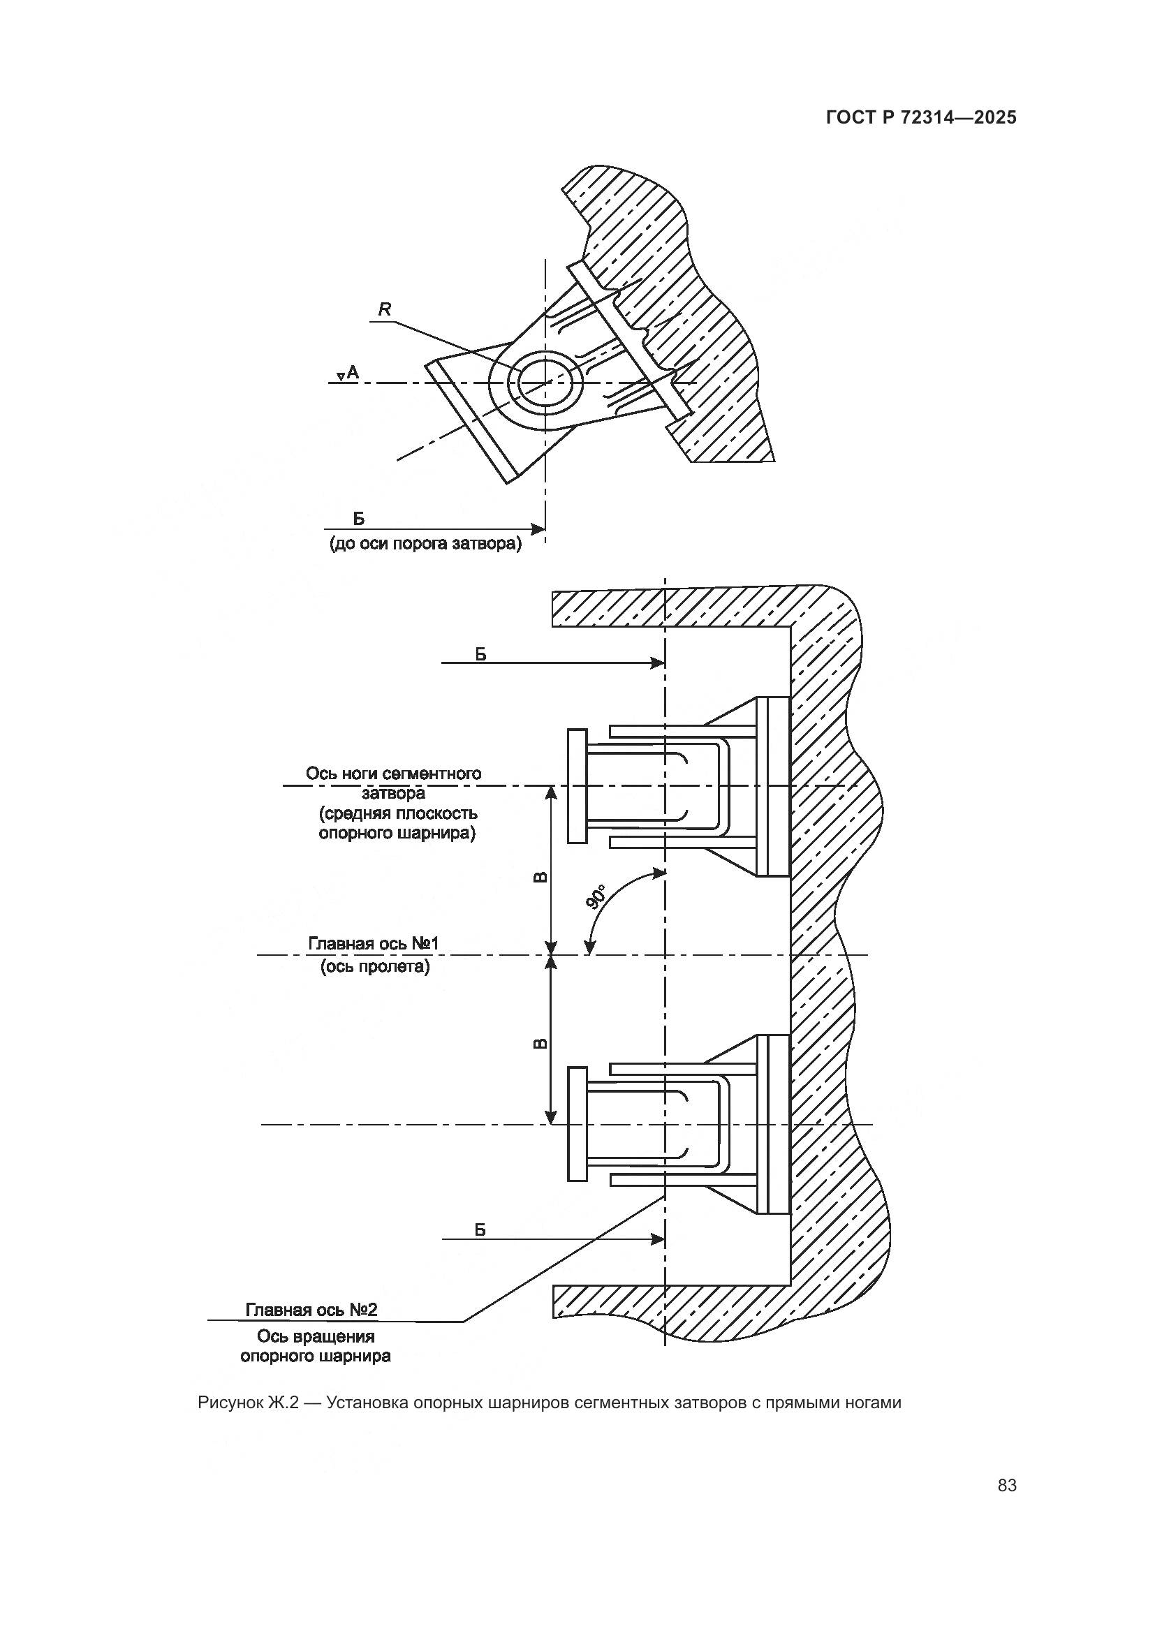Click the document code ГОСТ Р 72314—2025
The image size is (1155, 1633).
921,117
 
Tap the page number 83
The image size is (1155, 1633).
1007,1485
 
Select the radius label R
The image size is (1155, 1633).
385,309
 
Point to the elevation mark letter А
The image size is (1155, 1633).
353,372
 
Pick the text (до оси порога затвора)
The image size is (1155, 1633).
425,544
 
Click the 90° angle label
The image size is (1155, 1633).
596,897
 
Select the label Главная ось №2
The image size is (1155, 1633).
311,1310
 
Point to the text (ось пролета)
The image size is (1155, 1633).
375,966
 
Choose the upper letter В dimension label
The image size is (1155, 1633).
540,877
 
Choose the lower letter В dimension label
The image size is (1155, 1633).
540,1044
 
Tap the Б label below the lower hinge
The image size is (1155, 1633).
480,1230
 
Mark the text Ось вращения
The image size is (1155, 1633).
316,1336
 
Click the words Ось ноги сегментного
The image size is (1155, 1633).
393,773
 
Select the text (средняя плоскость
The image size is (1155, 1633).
397,813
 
